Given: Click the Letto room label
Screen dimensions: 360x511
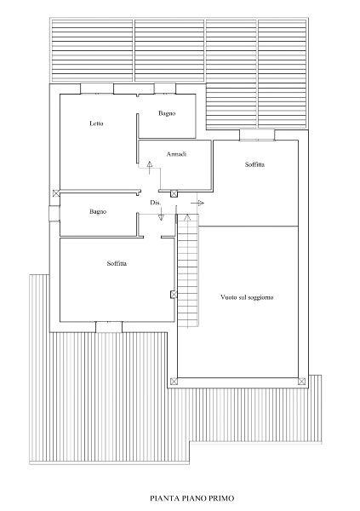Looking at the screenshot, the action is (x=96, y=123).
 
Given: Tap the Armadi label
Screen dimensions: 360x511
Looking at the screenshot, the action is (x=176, y=154).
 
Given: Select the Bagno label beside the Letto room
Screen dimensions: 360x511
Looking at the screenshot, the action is (x=167, y=113).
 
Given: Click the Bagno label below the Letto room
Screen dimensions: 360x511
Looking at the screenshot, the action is (x=98, y=212).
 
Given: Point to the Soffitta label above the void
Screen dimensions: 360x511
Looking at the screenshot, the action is (x=254, y=164).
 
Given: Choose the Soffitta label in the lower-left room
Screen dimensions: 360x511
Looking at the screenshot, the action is (x=117, y=263).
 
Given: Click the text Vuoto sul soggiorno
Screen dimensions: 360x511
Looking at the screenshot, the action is (x=247, y=297).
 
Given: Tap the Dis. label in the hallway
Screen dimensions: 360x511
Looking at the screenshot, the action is (x=156, y=203).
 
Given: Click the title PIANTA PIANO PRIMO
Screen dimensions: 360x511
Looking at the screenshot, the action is (x=191, y=498).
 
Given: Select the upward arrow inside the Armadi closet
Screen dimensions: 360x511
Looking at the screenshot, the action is (x=150, y=168).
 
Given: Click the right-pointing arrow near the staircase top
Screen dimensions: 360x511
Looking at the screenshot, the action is (x=197, y=204).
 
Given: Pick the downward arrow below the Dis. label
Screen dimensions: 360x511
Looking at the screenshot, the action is (x=161, y=215).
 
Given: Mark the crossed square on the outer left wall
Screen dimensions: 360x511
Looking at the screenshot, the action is (x=56, y=193).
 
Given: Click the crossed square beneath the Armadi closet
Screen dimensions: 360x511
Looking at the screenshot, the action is (x=174, y=194).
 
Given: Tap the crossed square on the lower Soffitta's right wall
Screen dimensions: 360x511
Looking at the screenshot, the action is (x=174, y=295).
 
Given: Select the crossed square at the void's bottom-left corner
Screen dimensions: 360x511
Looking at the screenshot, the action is (x=174, y=381).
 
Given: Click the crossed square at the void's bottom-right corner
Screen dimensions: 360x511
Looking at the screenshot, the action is (x=301, y=381).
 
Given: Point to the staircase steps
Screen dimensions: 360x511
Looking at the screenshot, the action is (x=188, y=271).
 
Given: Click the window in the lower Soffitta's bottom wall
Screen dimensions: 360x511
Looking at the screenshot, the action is (x=109, y=327).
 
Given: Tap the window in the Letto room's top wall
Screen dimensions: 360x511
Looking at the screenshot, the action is (x=97, y=89).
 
